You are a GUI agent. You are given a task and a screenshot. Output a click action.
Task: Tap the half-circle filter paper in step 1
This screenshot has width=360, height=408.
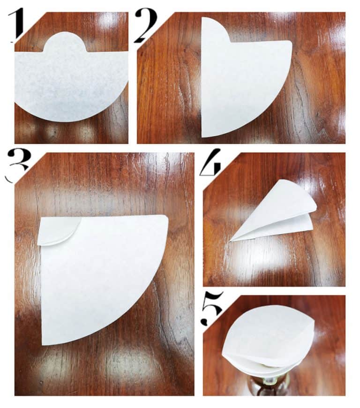[70, 84]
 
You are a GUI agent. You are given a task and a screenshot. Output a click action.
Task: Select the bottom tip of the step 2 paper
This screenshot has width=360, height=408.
[204, 135]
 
